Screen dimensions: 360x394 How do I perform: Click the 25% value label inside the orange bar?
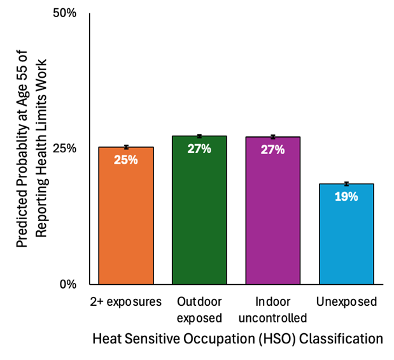126,160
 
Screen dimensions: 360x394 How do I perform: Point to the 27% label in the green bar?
199,148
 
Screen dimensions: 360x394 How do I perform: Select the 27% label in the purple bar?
272,150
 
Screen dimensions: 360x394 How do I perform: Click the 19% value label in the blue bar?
346,197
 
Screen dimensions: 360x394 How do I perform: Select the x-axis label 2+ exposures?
126,301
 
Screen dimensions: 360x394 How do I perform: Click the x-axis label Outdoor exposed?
199,309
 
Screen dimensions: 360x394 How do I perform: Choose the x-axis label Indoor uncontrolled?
272,309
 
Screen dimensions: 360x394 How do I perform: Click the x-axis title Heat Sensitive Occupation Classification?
237,338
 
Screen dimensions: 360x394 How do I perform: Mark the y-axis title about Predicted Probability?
33,148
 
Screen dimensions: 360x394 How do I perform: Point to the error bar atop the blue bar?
346,184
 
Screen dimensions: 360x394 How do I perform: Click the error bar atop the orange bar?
126,147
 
